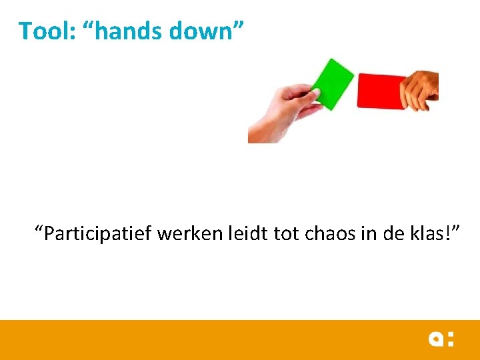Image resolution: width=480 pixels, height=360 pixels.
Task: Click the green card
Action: [x=333, y=83]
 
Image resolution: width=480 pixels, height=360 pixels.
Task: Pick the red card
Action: [x=380, y=91]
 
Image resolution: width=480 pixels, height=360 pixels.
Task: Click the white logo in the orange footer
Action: [x=441, y=339]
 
